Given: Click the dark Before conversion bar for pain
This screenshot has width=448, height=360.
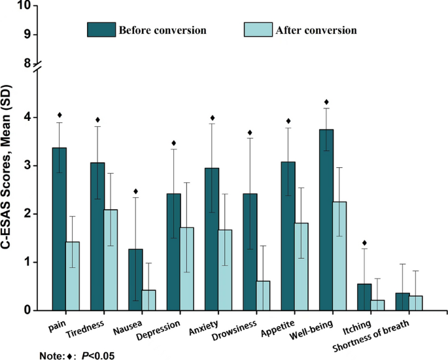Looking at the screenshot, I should pyautogui.click(x=60, y=229).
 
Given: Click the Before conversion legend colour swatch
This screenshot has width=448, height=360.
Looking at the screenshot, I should pyautogui.click(x=101, y=30).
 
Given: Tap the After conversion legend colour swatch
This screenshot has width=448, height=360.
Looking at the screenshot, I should pyautogui.click(x=257, y=30).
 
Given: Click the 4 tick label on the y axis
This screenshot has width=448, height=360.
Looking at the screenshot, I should pyautogui.click(x=27, y=118).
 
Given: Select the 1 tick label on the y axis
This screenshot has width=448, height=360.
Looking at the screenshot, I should pyautogui.click(x=27, y=263).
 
